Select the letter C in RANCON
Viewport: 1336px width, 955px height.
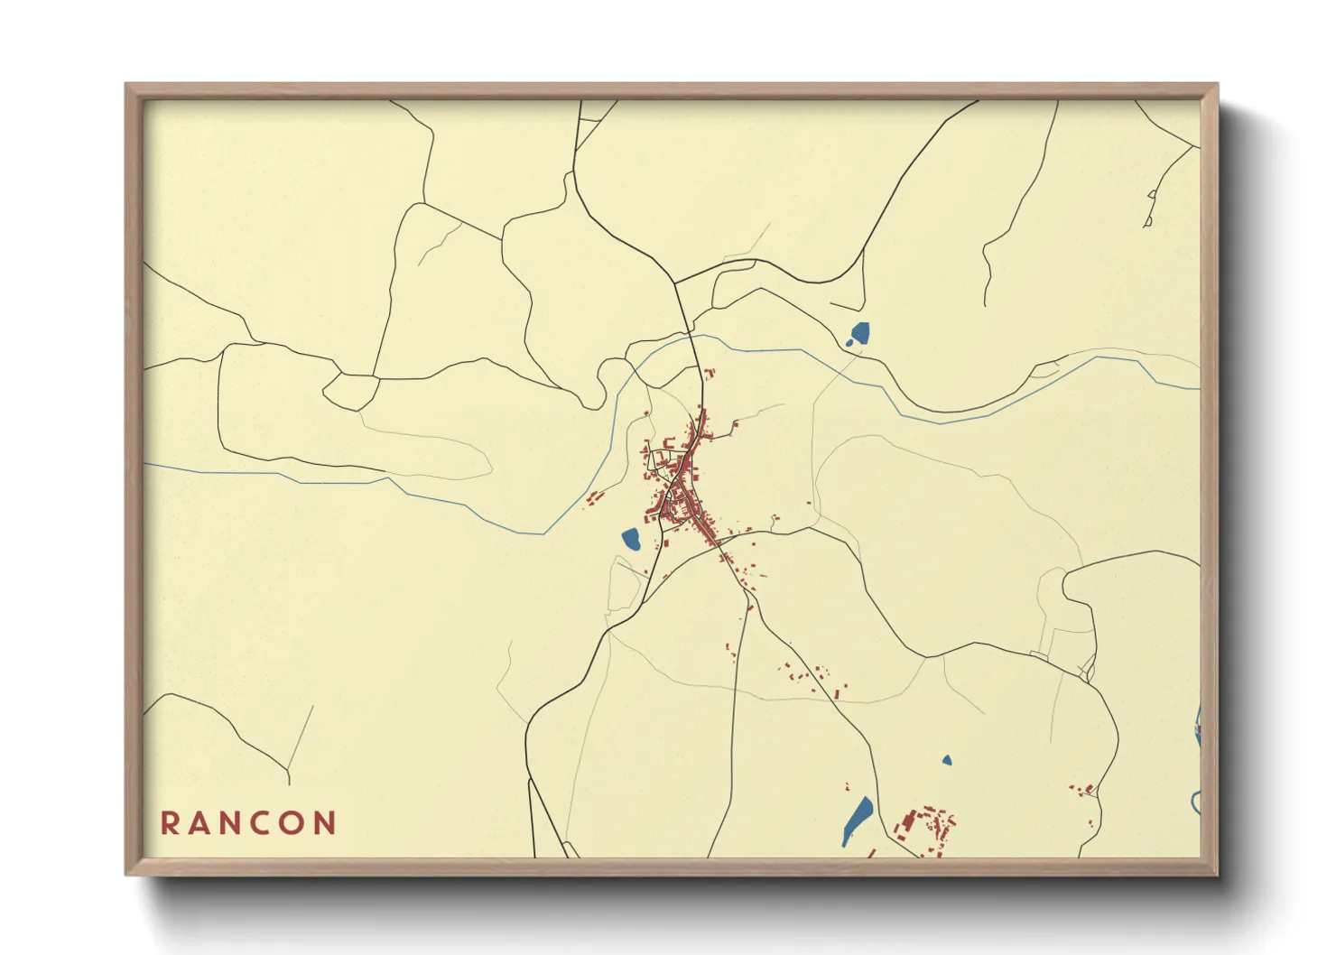(x=264, y=823)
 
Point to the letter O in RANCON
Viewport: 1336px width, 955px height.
(x=294, y=823)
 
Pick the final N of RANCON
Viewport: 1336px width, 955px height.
(x=326, y=823)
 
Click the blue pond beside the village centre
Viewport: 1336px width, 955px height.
(x=631, y=540)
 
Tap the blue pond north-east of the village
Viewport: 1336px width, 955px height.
(x=859, y=334)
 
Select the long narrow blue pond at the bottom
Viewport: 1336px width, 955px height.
(x=857, y=820)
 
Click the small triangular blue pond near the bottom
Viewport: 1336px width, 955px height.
(x=946, y=760)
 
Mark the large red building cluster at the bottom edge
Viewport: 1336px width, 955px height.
(x=925, y=829)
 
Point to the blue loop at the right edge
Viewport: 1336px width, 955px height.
(x=1195, y=802)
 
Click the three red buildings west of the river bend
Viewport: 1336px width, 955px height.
(x=593, y=496)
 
